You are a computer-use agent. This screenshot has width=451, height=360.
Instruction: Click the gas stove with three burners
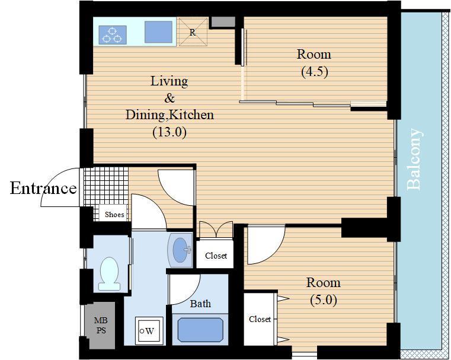[113, 35]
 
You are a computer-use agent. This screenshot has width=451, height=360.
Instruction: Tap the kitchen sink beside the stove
[158, 31]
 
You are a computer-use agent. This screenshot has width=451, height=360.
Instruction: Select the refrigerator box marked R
[193, 32]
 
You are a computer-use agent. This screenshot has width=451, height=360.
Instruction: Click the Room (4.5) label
[314, 62]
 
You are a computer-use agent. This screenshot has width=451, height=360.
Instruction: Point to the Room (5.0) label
[324, 291]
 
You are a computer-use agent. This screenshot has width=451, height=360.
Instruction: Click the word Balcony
[414, 159]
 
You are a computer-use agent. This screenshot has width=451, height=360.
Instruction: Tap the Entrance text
[43, 189]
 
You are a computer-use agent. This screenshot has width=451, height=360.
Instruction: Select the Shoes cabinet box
[113, 214]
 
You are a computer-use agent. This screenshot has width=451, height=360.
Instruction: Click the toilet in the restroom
[109, 273]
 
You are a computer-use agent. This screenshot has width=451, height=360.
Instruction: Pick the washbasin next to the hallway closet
[180, 250]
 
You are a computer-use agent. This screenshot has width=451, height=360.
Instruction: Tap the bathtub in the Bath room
[200, 330]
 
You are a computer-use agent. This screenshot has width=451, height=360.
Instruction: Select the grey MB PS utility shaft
[100, 325]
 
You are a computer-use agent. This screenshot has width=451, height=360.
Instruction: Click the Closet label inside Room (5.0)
[260, 319]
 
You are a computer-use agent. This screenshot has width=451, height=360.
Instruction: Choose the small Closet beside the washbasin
[216, 256]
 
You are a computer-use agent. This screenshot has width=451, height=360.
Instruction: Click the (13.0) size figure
[169, 132]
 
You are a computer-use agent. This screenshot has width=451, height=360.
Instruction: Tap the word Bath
[200, 304]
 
